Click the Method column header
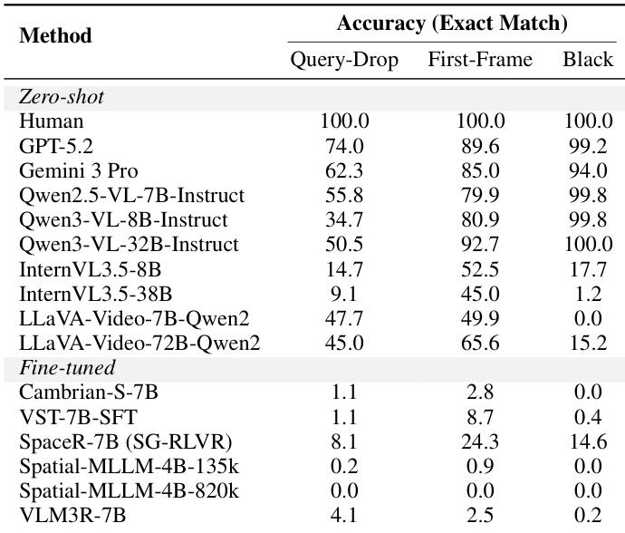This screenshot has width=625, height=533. coord(55,35)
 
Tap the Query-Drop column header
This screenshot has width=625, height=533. coord(344,60)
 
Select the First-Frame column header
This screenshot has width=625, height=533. coord(480,60)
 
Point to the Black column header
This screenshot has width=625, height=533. coord(588,60)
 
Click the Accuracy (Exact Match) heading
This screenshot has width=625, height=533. coord(452,24)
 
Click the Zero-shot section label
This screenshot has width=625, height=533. coord(62,97)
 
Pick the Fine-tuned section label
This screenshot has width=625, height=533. coord(67,367)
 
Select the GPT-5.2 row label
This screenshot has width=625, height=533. coord(56,146)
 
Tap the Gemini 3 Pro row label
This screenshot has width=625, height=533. coord(79,170)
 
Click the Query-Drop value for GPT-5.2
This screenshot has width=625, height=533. coord(344,146)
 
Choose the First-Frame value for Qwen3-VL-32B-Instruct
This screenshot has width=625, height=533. coord(480,244)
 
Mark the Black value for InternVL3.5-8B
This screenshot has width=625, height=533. coord(589,269)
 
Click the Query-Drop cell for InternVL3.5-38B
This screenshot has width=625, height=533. coord(344,294)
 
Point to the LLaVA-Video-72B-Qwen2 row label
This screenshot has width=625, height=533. coord(139,343)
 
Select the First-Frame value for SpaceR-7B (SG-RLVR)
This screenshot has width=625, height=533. coord(480,441)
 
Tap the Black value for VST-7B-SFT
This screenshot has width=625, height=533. coord(589,417)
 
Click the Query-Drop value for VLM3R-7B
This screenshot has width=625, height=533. coord(344,516)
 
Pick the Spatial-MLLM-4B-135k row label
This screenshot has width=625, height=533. coord(130,466)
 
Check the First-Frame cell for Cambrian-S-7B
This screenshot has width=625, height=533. coord(480,392)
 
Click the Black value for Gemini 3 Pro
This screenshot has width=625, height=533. coord(589,170)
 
